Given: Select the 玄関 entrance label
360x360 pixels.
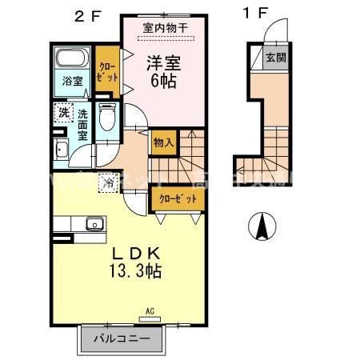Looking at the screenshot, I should click(x=274, y=58).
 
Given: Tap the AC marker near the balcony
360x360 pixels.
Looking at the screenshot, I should click(x=150, y=310).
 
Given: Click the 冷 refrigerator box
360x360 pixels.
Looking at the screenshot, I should click(x=107, y=182).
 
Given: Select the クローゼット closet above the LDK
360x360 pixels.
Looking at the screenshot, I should click(x=175, y=198).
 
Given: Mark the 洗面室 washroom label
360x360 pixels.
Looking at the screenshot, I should click(x=82, y=125).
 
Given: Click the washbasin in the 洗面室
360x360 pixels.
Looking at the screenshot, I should click(x=62, y=150).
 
